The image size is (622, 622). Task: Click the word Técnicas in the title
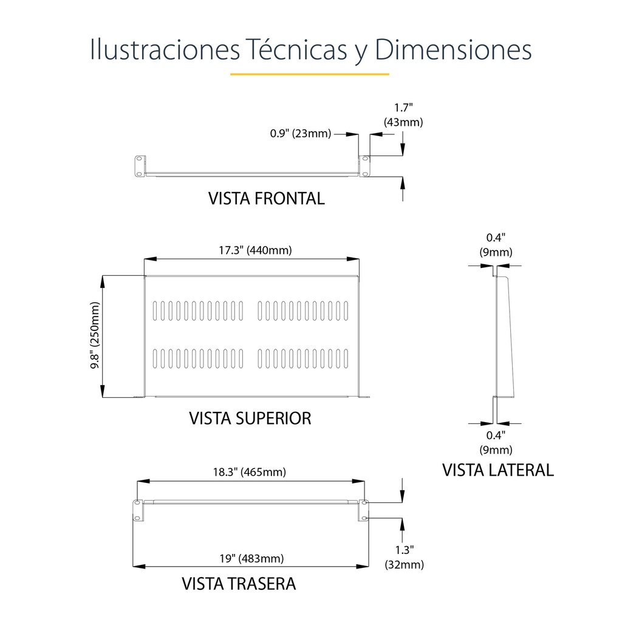(x=296, y=49)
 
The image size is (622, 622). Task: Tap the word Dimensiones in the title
(x=453, y=49)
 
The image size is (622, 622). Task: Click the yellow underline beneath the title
(x=309, y=73)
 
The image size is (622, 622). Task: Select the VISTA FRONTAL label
(x=267, y=199)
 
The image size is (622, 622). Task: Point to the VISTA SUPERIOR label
(x=250, y=418)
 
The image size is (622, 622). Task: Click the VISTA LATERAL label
(x=498, y=470)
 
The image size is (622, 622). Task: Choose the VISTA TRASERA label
(x=239, y=584)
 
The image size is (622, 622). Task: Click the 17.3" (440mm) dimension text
(x=255, y=250)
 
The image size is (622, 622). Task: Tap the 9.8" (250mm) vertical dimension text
(x=95, y=335)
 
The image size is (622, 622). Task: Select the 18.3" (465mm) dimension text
(x=249, y=472)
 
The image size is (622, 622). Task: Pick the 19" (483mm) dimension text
(x=251, y=559)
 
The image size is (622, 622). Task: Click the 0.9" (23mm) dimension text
(x=300, y=133)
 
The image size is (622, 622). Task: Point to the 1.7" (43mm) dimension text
(x=403, y=115)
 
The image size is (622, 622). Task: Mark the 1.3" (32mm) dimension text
(x=404, y=557)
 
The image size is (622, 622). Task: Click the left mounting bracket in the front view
(x=140, y=166)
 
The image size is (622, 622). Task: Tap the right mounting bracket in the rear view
(x=363, y=510)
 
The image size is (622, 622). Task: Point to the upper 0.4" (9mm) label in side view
(x=496, y=245)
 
